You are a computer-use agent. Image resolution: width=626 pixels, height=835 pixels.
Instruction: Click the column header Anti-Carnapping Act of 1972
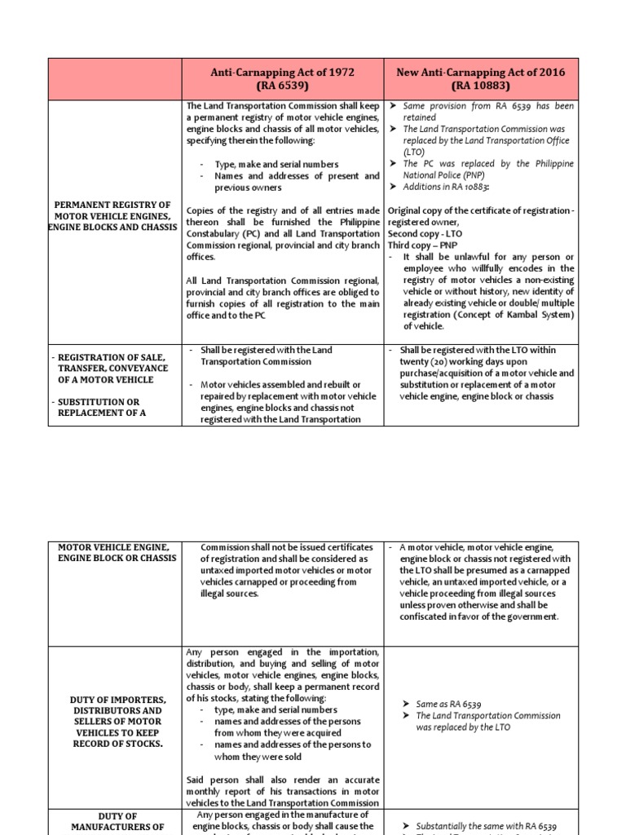(283, 72)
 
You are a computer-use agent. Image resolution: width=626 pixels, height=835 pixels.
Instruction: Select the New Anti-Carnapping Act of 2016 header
(480, 72)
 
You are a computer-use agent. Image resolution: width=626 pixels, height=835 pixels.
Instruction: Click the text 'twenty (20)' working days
(425, 361)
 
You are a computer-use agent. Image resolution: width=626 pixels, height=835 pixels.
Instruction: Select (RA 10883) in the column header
(481, 86)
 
